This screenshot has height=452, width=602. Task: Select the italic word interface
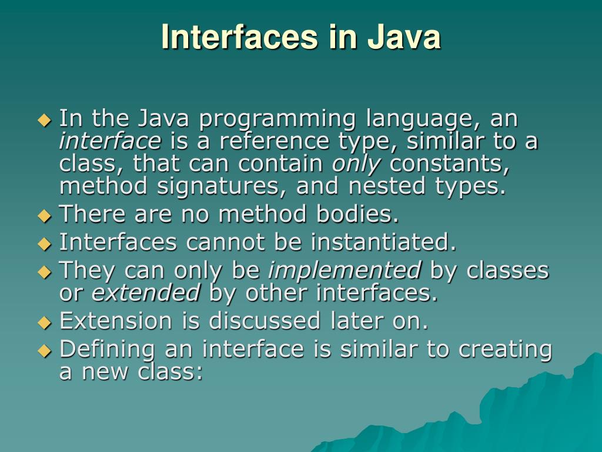tap(110, 141)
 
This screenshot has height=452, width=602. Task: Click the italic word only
tap(356, 164)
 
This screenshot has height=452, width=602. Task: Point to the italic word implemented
tap(345, 270)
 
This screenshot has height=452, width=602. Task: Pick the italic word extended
tap(146, 293)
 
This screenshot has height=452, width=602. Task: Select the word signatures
tap(220, 187)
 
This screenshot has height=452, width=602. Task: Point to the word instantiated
tap(383, 242)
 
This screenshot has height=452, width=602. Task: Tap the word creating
tap(505, 349)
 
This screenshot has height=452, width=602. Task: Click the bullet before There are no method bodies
tap(45, 215)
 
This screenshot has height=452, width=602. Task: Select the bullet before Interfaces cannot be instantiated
tap(45, 243)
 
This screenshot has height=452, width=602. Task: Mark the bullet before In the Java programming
tap(45, 120)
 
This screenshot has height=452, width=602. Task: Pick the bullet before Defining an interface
tap(45, 350)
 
